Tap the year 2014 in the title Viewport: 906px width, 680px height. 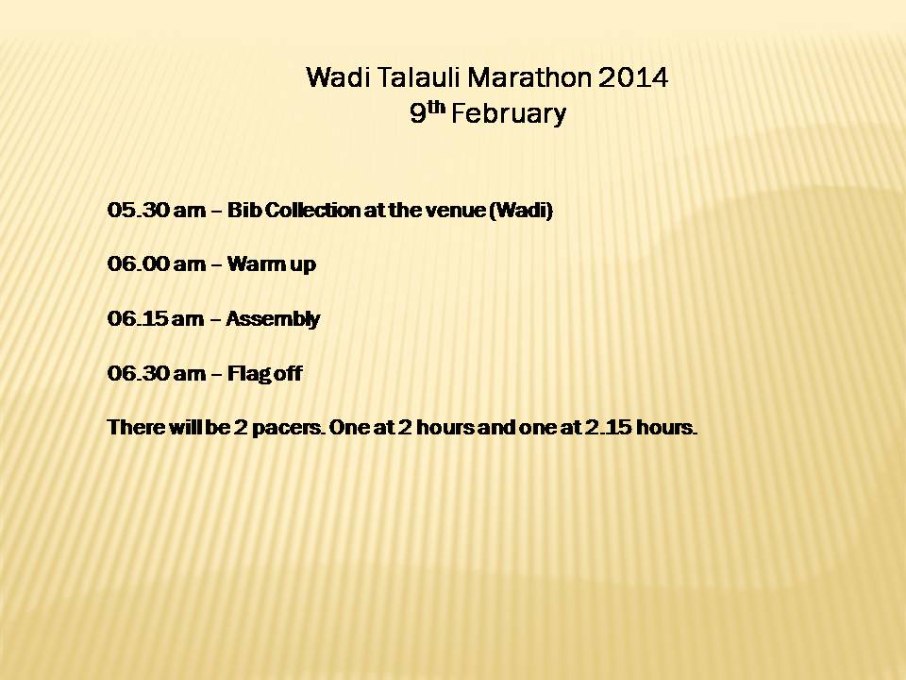tap(633, 77)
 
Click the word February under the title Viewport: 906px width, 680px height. tap(509, 113)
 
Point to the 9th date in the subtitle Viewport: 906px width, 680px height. tap(428, 112)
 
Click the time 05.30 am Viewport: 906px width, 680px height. tap(156, 210)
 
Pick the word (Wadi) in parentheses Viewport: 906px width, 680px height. tap(521, 210)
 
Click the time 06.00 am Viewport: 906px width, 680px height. tap(156, 263)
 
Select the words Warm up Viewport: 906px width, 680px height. tap(272, 264)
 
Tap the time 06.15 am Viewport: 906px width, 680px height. tap(156, 318)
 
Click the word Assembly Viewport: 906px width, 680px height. tap(273, 319)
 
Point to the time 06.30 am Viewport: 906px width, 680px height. tap(156, 373)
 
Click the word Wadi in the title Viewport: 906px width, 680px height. tap(338, 77)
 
